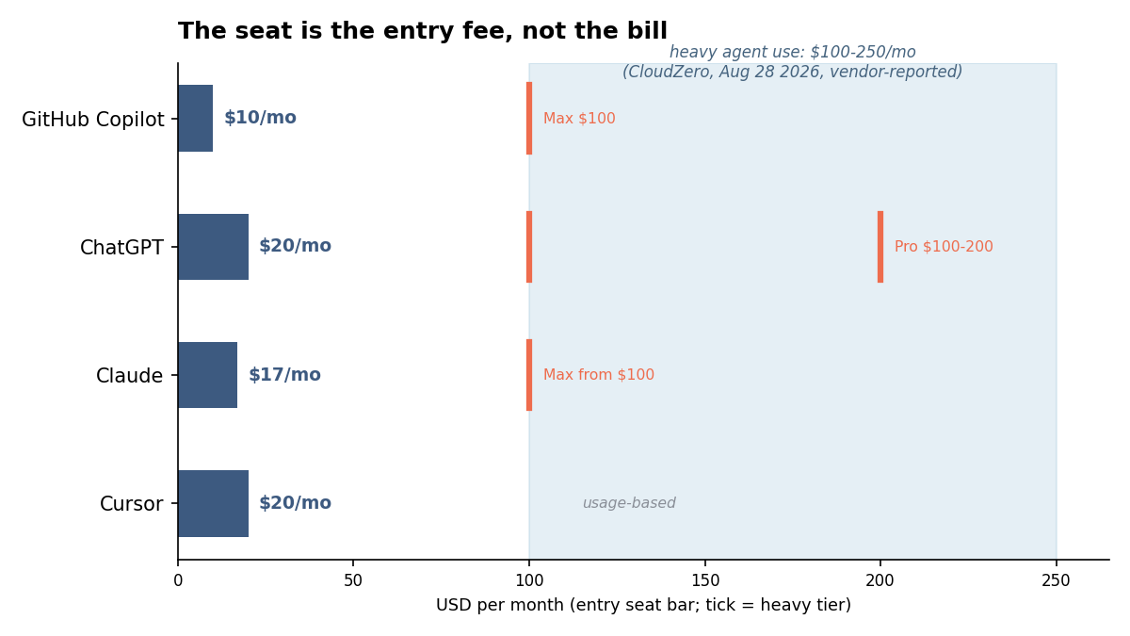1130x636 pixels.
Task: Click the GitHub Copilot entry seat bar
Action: pos(195,118)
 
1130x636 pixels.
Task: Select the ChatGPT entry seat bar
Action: pos(214,247)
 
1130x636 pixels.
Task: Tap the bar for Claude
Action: pos(208,375)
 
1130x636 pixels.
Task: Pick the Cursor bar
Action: pos(214,504)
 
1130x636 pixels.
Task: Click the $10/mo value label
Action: pos(260,118)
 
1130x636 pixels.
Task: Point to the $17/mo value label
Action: pos(284,375)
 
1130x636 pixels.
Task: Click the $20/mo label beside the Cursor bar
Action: pos(295,503)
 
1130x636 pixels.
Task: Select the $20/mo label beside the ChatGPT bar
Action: pos(295,246)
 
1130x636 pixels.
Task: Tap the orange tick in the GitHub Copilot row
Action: pos(529,118)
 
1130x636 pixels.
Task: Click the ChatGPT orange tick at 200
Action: pos(880,247)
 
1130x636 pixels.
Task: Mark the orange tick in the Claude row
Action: pos(529,375)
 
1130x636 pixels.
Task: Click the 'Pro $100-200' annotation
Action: pos(944,246)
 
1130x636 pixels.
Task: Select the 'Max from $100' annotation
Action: pos(599,375)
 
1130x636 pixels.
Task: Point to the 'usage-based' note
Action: pos(629,503)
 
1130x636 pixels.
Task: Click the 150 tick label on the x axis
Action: pos(704,581)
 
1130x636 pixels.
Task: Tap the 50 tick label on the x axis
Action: pos(353,581)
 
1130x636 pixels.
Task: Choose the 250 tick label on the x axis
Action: pos(1056,581)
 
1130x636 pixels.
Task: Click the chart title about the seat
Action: pos(423,31)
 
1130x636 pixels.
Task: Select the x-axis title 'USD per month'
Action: pos(643,605)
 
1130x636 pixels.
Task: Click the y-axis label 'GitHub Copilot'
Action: pos(93,120)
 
